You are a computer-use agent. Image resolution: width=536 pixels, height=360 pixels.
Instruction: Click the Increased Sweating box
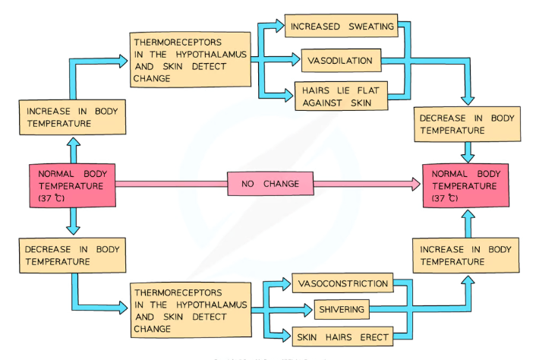(x=342, y=27)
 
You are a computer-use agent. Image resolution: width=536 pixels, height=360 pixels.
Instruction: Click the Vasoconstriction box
(x=343, y=283)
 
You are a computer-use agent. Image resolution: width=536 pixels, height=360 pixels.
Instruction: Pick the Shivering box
(x=342, y=309)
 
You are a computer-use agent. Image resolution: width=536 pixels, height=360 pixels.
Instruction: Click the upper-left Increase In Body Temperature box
(x=73, y=117)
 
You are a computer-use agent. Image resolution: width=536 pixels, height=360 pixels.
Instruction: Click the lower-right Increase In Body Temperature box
(x=466, y=255)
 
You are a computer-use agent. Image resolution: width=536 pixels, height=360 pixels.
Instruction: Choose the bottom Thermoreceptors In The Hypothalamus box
(x=190, y=310)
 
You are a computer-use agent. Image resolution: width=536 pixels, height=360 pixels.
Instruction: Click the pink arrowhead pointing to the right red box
(x=415, y=184)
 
